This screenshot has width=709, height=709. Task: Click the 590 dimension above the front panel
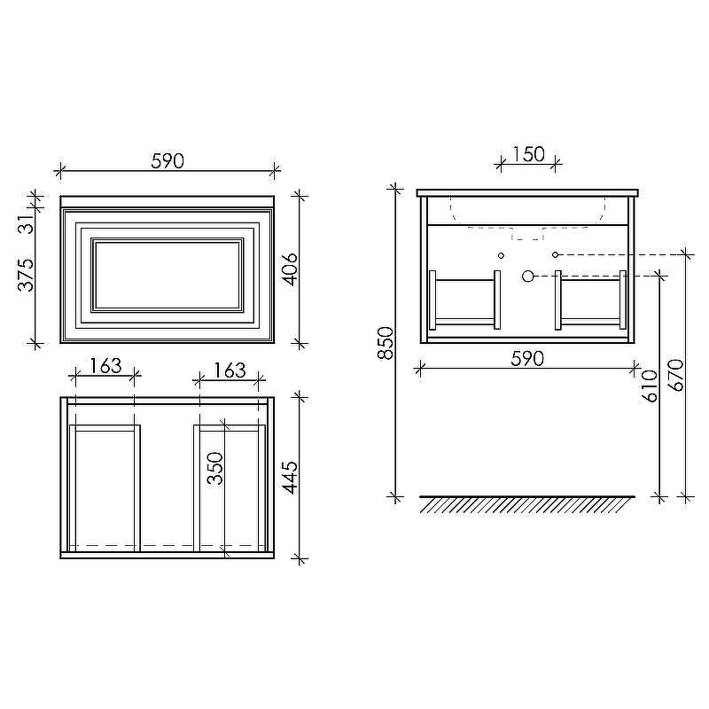click(168, 161)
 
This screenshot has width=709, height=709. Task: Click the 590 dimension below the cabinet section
click(527, 359)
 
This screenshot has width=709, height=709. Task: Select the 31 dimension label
click(27, 223)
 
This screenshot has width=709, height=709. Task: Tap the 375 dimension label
click(27, 275)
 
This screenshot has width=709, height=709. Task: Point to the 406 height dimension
click(290, 269)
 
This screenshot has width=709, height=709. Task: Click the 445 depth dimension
click(290, 478)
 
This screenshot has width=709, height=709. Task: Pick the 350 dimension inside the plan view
click(215, 469)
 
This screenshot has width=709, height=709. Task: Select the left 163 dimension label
click(105, 366)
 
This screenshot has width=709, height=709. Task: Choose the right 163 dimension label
click(230, 370)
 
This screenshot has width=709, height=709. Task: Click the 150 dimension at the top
click(528, 154)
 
